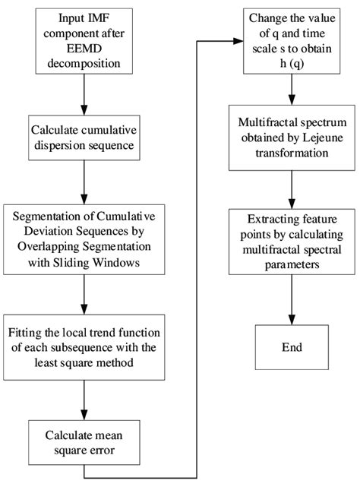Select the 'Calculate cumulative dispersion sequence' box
[x=83, y=138]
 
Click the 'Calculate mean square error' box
[x=83, y=444]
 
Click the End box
[x=289, y=347]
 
